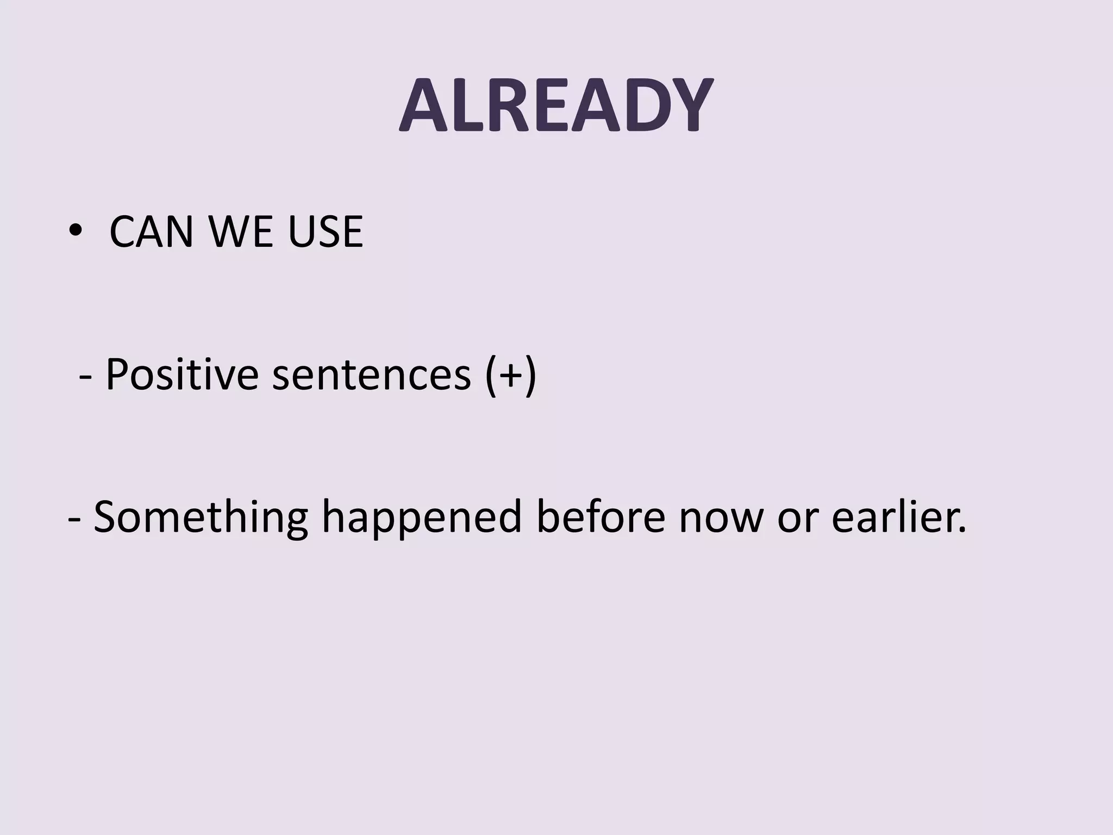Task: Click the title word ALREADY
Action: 555,105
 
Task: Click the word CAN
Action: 151,232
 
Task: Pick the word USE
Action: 325,232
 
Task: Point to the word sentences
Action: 371,375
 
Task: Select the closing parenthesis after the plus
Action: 530,375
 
